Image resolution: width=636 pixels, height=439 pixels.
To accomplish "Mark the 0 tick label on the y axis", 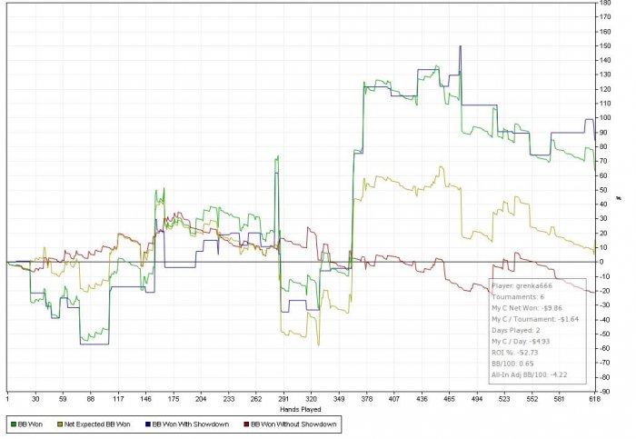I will click(x=602, y=263).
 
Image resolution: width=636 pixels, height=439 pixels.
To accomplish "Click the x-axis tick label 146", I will click(x=146, y=398).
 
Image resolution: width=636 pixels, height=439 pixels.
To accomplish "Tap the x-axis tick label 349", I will click(x=340, y=398).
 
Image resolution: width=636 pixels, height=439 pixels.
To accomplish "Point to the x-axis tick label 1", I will click(x=7, y=398).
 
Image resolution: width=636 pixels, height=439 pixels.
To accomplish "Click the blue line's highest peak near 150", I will click(x=461, y=46).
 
